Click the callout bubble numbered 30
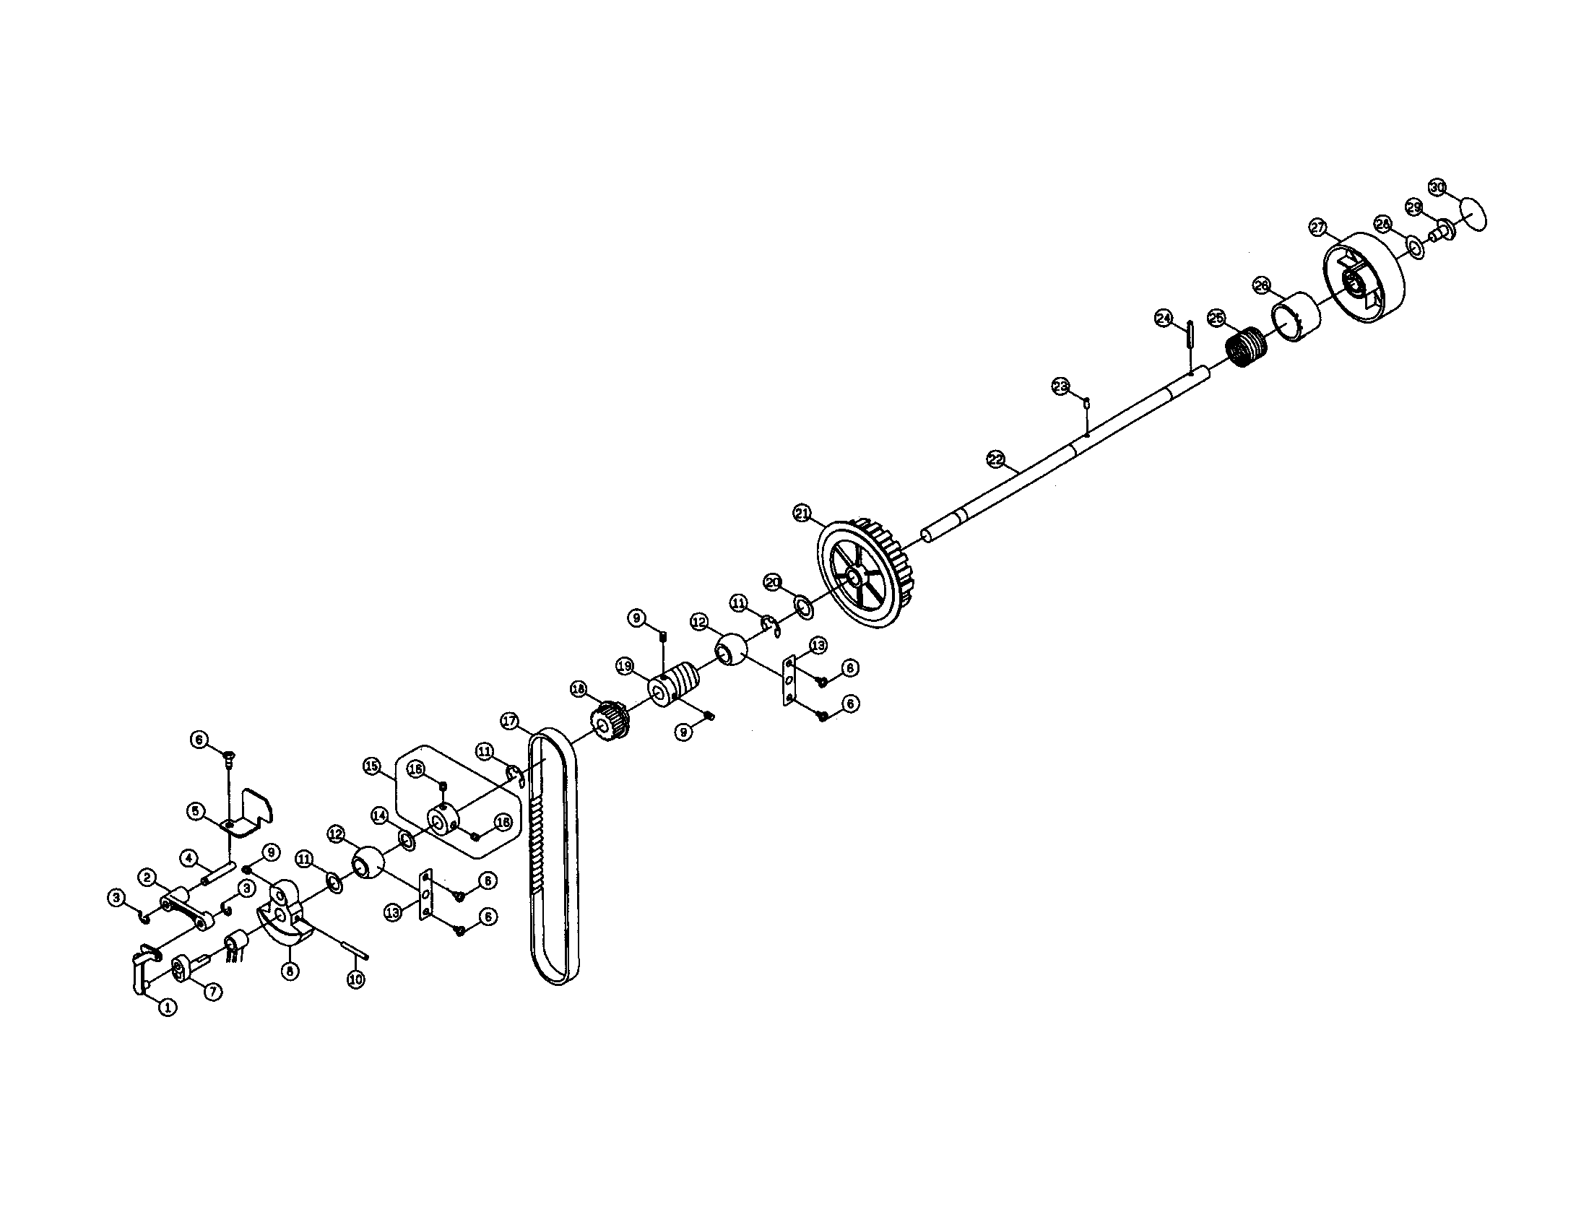[1437, 187]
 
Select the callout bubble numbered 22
[996, 459]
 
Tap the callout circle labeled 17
[510, 721]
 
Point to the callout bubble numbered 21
[802, 514]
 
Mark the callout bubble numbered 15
[372, 766]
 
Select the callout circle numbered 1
[168, 1008]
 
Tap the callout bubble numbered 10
[355, 980]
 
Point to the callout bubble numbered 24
[1164, 318]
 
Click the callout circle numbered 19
[625, 666]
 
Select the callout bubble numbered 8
[290, 971]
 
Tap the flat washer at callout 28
[1415, 247]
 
